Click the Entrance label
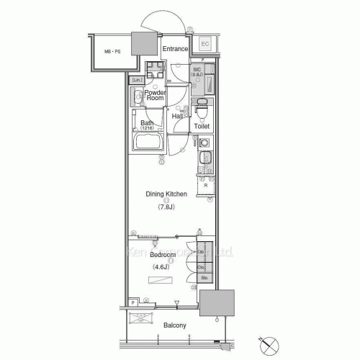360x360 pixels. (175, 49)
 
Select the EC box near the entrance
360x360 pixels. (204, 43)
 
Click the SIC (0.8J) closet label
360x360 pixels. (197, 72)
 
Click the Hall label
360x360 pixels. (177, 115)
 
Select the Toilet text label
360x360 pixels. (202, 126)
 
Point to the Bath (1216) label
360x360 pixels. (147, 125)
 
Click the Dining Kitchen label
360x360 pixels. (166, 194)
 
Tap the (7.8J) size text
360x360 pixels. (166, 207)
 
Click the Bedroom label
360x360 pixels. (162, 256)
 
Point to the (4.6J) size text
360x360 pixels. (161, 268)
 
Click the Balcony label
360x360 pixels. (175, 325)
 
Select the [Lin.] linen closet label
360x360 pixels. (137, 79)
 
